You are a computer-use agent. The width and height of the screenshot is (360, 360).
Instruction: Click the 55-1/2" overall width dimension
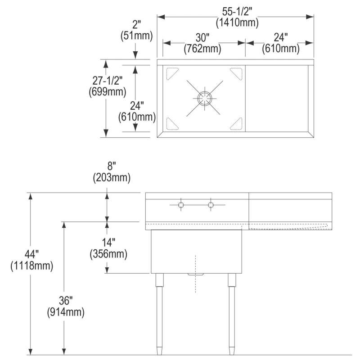click(x=237, y=12)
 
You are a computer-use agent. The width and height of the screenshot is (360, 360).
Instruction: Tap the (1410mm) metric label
click(x=237, y=23)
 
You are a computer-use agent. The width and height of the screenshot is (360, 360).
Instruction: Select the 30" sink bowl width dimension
click(x=202, y=38)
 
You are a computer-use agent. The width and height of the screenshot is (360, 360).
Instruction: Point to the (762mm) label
click(x=202, y=49)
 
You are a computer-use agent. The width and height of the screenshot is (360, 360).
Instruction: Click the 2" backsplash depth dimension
click(x=136, y=25)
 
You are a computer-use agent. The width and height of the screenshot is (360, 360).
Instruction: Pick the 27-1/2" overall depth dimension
click(x=108, y=81)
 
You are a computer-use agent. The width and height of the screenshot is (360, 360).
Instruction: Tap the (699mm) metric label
click(x=108, y=92)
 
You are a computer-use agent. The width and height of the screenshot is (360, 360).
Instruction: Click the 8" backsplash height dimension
click(x=112, y=166)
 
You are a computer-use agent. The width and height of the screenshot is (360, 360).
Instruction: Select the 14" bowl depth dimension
click(x=108, y=243)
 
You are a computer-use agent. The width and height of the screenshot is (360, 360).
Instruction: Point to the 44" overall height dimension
click(x=31, y=254)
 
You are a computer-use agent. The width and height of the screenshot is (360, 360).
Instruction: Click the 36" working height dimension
click(x=66, y=300)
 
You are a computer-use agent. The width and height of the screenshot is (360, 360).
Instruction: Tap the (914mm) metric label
click(x=66, y=312)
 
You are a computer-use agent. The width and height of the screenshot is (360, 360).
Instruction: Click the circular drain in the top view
click(x=205, y=98)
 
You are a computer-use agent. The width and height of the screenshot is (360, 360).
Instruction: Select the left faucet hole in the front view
click(x=181, y=205)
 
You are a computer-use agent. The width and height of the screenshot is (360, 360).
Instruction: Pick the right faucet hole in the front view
click(x=211, y=205)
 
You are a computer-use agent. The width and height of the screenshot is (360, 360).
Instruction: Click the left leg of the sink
click(x=160, y=314)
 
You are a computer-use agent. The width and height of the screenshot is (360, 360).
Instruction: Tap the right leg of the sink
click(x=232, y=314)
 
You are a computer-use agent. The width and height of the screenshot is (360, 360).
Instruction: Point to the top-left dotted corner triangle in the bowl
click(x=172, y=73)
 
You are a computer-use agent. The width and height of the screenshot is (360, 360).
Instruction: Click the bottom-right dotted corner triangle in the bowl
click(x=236, y=124)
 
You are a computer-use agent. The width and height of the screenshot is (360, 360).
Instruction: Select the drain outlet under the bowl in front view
click(x=196, y=274)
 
